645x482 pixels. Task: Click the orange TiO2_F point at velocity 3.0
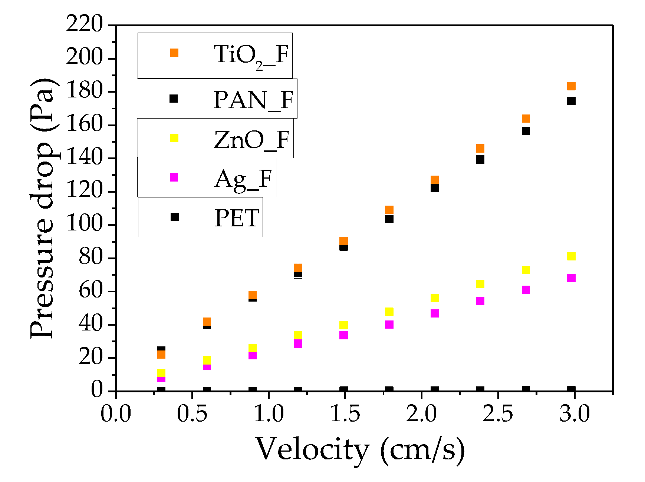click(x=571, y=86)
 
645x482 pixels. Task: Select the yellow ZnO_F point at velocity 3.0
click(x=571, y=256)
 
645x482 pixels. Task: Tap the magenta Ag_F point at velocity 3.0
click(x=571, y=278)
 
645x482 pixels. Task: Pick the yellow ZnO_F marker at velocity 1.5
click(x=343, y=325)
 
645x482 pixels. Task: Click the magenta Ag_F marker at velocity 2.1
click(x=435, y=313)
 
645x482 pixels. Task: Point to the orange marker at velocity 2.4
click(x=480, y=149)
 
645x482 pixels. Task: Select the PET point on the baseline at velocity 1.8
click(x=389, y=390)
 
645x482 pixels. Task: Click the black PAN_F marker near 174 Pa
click(x=571, y=101)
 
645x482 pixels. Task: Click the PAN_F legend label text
click(x=253, y=100)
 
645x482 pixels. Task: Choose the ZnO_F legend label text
click(x=251, y=140)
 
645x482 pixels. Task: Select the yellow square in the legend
click(x=174, y=138)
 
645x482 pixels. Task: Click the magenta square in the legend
click(x=174, y=177)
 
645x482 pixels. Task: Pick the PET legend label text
click(x=237, y=218)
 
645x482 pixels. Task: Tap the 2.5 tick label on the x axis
click(x=497, y=414)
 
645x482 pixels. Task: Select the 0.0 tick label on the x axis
click(x=116, y=414)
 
